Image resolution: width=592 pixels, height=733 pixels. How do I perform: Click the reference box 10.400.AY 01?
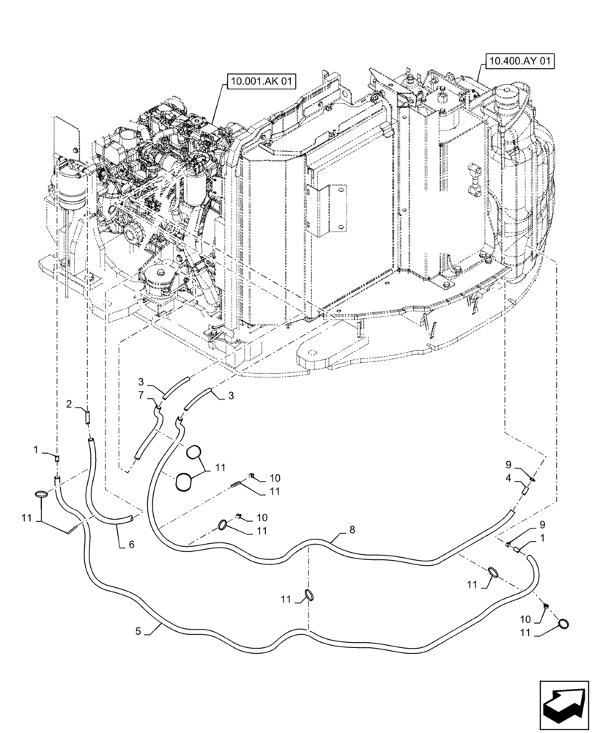click(x=517, y=62)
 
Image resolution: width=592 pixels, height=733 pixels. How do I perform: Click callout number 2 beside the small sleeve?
click(x=68, y=404)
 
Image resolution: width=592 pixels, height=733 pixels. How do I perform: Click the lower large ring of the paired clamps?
click(x=185, y=482)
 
